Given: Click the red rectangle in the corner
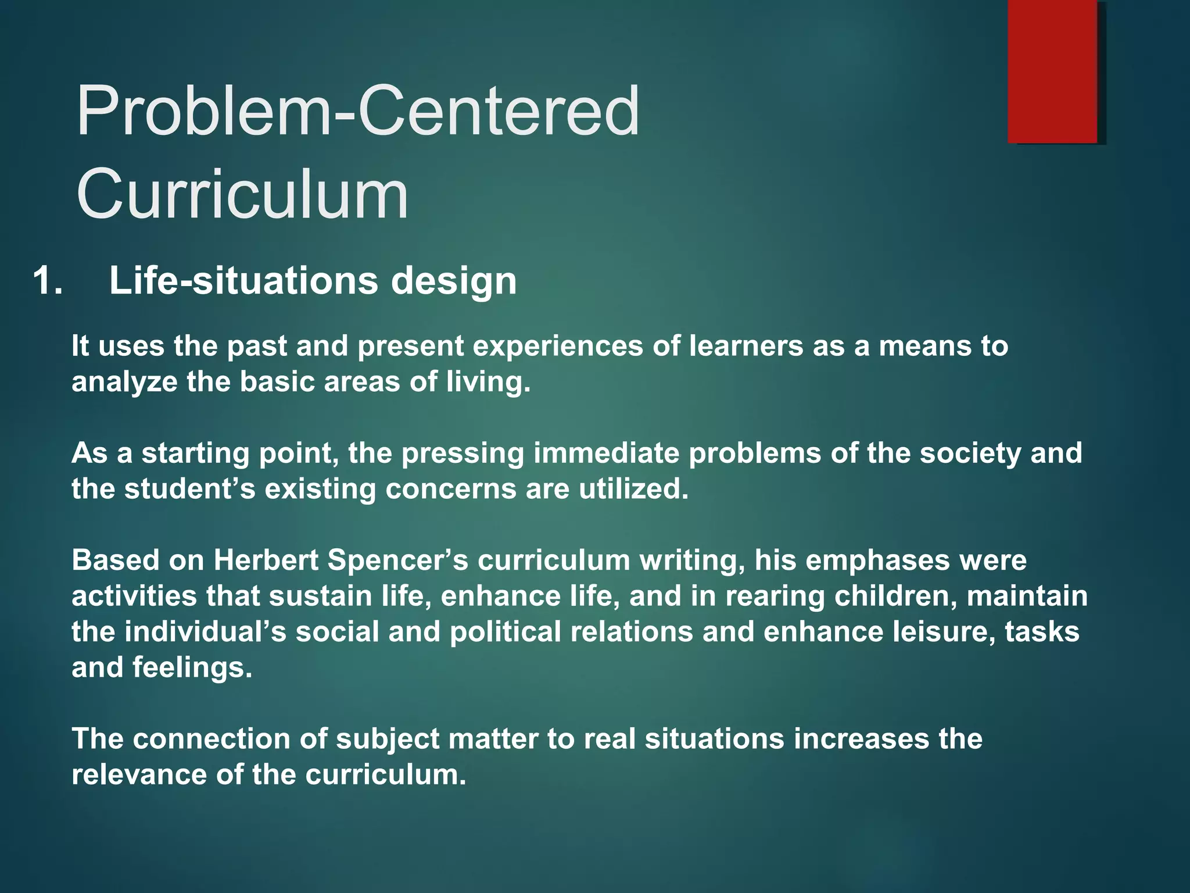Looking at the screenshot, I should click(1052, 72).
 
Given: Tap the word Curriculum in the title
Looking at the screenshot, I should click(242, 193).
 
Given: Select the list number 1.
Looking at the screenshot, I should click(48, 281).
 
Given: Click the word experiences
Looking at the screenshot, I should click(558, 347).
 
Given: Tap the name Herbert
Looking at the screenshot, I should click(266, 560).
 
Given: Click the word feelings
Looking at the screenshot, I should click(192, 668).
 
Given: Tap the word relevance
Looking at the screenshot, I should click(139, 775).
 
